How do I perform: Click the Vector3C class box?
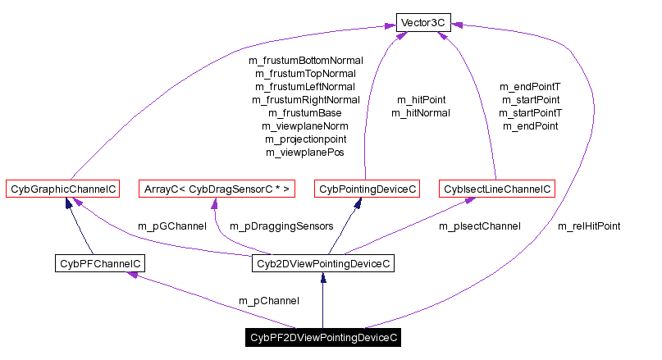(422, 22)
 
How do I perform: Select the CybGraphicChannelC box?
(62, 189)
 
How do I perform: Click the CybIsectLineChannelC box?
(497, 189)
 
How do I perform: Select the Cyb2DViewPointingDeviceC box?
(322, 263)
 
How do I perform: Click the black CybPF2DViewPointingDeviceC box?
(323, 337)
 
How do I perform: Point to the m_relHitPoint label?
(588, 226)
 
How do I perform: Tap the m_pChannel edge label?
(268, 300)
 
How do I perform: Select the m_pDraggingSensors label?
(281, 226)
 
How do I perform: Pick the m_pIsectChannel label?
(479, 226)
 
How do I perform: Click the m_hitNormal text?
(420, 112)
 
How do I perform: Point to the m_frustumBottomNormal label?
(305, 60)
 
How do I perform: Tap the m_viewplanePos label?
(305, 152)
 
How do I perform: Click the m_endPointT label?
(531, 86)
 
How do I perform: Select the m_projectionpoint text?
(305, 139)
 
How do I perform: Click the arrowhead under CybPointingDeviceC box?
(358, 203)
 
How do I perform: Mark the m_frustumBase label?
(305, 112)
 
